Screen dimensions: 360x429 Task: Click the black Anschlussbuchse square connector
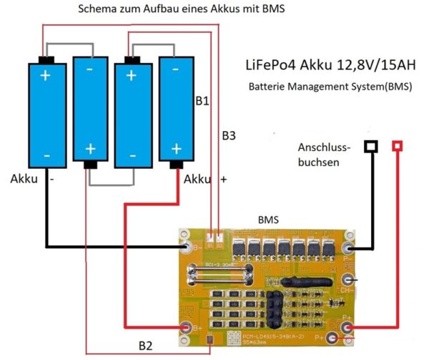click(x=370, y=147)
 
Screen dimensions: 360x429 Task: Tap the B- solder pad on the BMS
click(x=188, y=248)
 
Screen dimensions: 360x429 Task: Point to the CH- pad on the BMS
click(x=348, y=280)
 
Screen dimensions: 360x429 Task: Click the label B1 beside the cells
click(x=202, y=102)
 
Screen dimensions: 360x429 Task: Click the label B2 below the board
click(x=146, y=346)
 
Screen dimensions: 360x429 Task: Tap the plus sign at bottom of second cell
click(x=90, y=149)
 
